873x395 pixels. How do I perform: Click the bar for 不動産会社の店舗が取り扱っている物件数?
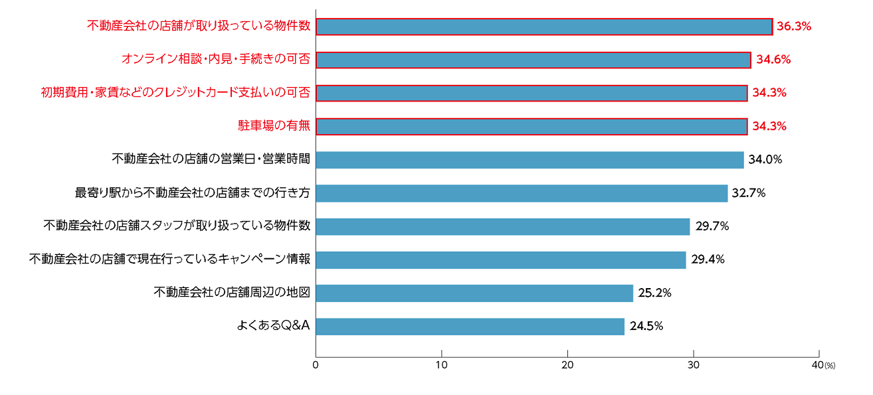pos(543,27)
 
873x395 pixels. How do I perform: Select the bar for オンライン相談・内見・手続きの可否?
pos(533,60)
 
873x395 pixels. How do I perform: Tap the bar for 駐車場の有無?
pos(532,126)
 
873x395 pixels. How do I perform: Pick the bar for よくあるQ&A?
pos(470,326)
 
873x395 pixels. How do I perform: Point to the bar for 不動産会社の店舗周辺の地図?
pos(474,293)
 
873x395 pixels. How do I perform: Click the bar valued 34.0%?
pos(530,159)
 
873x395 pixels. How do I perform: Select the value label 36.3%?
pos(795,27)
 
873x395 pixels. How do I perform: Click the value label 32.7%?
pos(749,193)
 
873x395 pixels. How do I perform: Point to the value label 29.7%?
pos(712,226)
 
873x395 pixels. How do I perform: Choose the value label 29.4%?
pos(708,260)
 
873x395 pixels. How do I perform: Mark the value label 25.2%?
pos(654,293)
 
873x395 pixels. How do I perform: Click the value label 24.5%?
pos(646,326)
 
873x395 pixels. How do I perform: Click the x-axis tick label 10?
pos(442,366)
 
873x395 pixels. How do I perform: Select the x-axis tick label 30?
pos(694,366)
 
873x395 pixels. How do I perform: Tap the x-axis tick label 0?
pos(316,366)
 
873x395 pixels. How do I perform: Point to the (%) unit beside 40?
pos(830,366)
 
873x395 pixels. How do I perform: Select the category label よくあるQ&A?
pos(274,326)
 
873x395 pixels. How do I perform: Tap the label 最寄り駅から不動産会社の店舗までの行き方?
pos(193,193)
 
